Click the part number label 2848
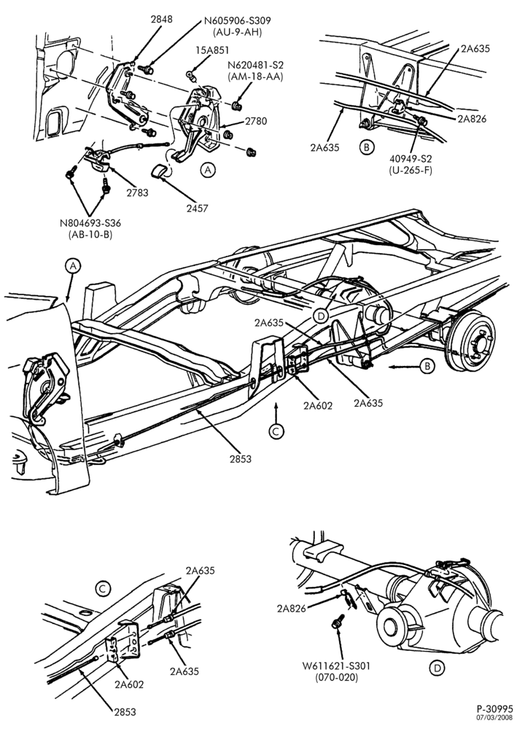161,19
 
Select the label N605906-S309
237,21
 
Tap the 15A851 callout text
212,50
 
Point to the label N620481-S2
255,65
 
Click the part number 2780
256,121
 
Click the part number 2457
197,208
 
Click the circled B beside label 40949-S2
367,148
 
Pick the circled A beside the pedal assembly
208,170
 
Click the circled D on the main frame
320,316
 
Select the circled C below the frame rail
276,432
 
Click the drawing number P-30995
495,709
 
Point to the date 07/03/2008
497,717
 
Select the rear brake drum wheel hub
470,343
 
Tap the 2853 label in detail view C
125,712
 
